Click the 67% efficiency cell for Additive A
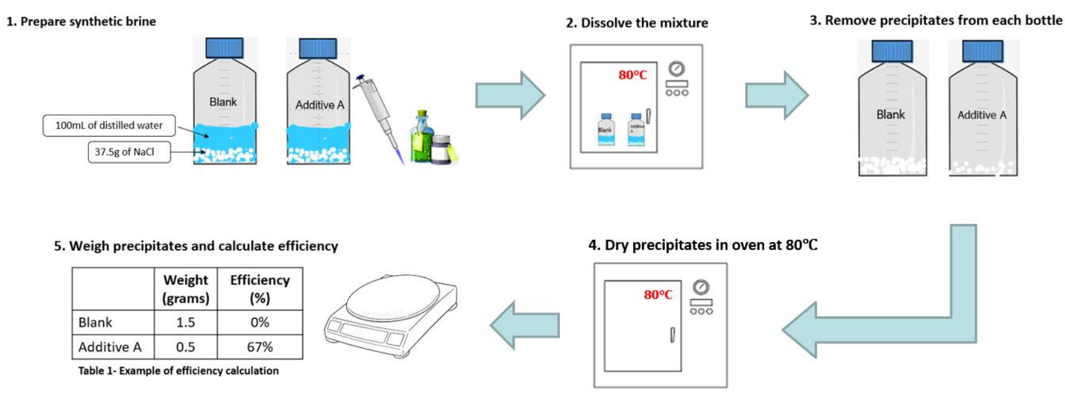coord(260,347)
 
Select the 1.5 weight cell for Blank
coord(185,322)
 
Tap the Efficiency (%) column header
coord(260,289)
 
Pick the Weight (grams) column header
coord(185,289)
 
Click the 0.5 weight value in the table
coord(185,347)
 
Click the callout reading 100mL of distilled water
coord(109,125)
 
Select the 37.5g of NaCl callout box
coord(129,152)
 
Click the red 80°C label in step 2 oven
coord(633,75)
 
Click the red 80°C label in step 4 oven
coord(658,295)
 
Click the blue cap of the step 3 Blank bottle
coord(892,51)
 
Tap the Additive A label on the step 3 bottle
coord(981,115)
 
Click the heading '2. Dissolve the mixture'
coord(637,23)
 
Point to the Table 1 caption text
coord(178,371)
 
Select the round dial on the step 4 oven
coord(701,287)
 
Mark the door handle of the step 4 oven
coord(672,335)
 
